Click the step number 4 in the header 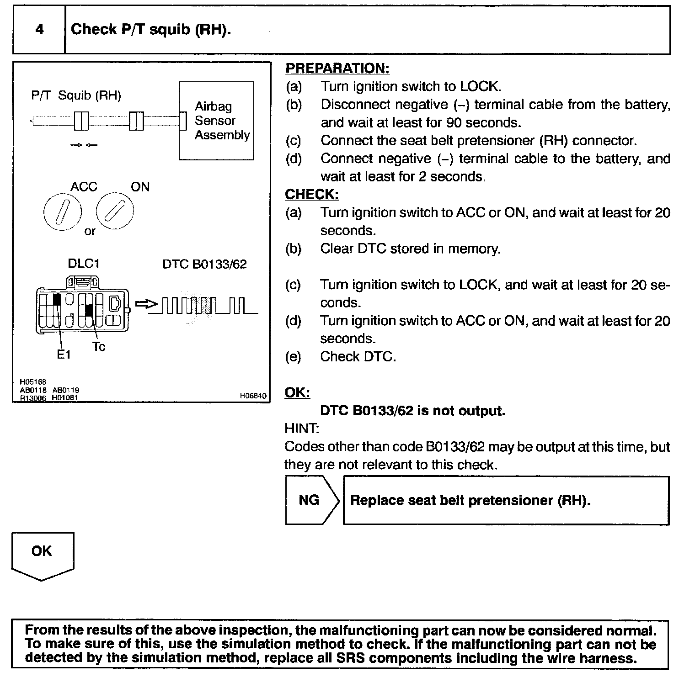40,30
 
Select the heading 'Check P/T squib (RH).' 151,30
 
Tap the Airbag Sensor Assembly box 216,121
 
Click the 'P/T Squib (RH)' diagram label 76,96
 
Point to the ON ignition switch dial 115,211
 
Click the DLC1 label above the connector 84,264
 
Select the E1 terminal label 64,355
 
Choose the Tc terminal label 99,347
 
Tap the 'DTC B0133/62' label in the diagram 204,265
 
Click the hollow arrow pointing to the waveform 146,304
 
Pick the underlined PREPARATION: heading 337,69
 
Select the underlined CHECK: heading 312,195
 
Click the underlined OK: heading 297,393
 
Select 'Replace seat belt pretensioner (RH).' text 470,500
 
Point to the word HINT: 302,429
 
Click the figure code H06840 253,396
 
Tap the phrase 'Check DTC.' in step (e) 358,357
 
